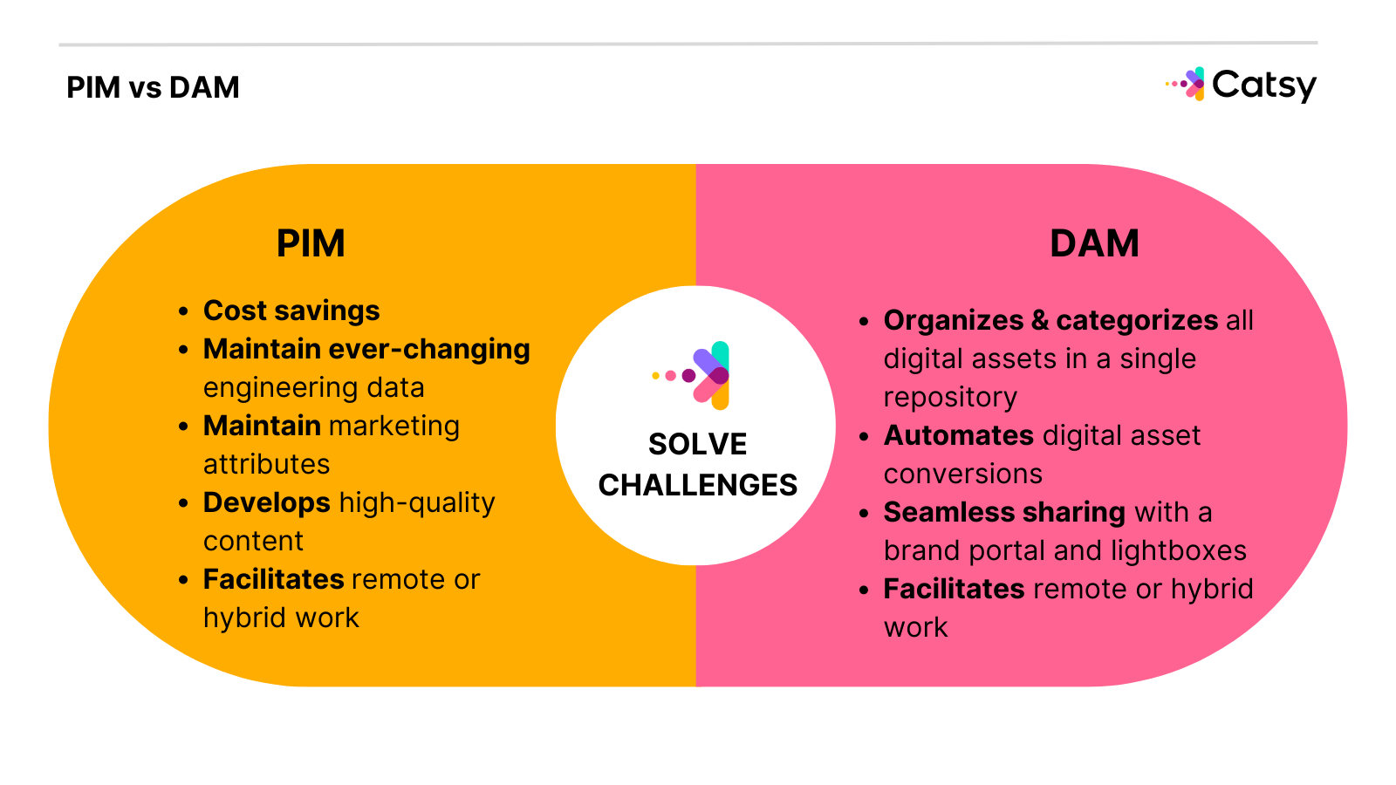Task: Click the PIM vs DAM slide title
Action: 153,88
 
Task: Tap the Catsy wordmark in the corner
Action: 1263,85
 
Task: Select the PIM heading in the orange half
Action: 311,243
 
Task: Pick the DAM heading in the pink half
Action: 1094,243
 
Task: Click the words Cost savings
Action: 291,311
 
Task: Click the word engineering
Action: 270,388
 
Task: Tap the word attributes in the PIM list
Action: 266,464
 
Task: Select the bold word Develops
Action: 266,502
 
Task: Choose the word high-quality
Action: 417,502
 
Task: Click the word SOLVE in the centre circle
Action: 697,445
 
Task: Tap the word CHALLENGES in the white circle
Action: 697,485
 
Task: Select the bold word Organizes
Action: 953,320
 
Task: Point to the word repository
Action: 950,398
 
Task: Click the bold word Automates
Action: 958,435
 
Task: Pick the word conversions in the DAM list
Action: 962,474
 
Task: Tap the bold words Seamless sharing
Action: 1004,512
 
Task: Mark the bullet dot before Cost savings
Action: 183,311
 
